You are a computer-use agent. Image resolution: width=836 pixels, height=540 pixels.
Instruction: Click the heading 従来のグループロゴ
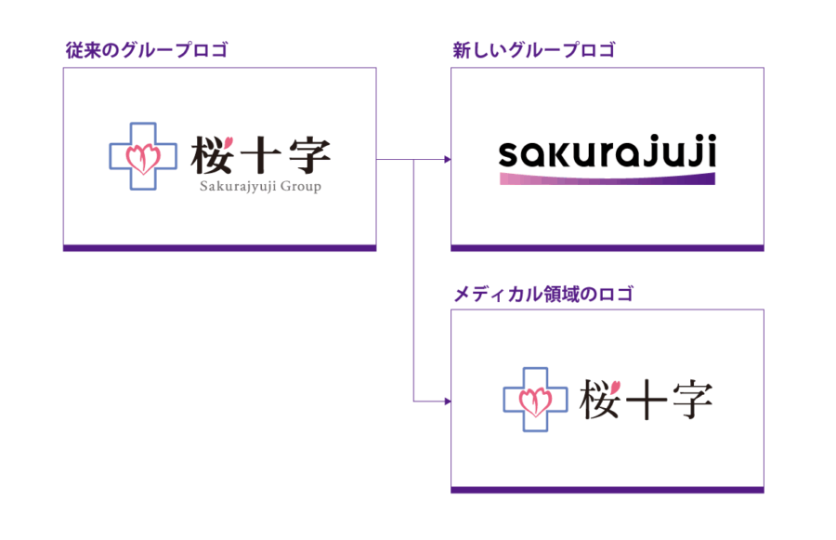(x=146, y=49)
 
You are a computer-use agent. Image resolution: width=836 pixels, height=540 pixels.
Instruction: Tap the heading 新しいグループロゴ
(x=533, y=49)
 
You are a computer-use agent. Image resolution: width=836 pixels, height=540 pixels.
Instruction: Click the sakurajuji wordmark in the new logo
(x=607, y=154)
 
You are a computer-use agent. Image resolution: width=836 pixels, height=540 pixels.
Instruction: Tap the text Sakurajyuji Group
(x=259, y=186)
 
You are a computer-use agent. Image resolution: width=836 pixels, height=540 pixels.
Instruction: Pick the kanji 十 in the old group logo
(x=260, y=156)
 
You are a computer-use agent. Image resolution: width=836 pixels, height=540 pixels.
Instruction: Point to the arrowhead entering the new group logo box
(x=447, y=160)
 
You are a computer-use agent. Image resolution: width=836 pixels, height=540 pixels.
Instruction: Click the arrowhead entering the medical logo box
(x=447, y=402)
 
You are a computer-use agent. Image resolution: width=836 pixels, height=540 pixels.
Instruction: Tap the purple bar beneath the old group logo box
(x=219, y=247)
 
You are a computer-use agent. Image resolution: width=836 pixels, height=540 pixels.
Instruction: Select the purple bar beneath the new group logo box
(x=607, y=247)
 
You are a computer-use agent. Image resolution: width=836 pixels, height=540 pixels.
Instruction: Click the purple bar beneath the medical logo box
(x=607, y=489)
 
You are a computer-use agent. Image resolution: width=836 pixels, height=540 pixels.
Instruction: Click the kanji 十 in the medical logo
(x=647, y=401)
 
